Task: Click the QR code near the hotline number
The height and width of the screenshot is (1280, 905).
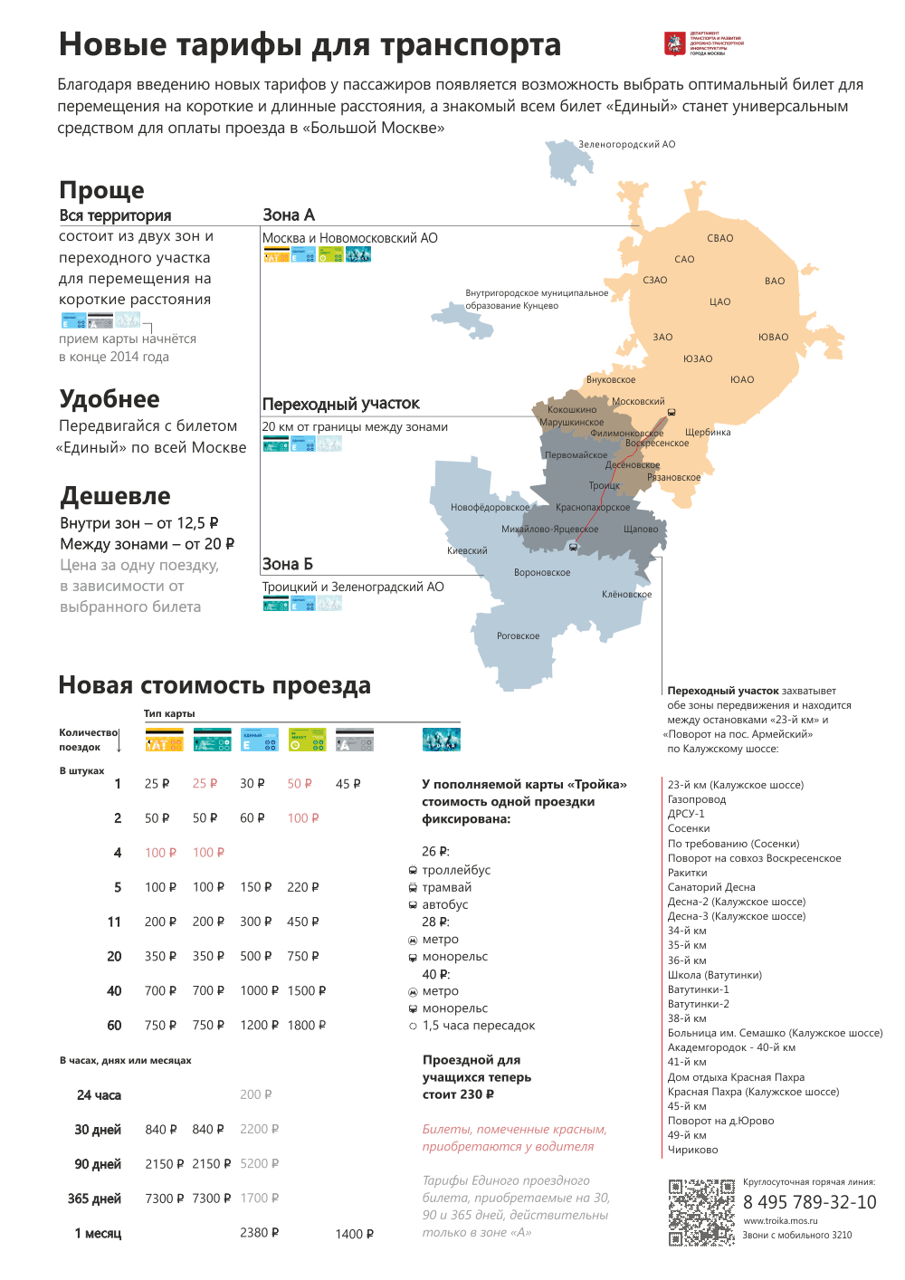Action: (701, 1212)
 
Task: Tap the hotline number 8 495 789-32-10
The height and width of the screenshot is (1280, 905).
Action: (809, 1202)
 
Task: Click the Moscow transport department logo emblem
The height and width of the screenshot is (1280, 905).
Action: (674, 43)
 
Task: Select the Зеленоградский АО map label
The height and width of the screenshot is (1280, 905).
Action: (627, 145)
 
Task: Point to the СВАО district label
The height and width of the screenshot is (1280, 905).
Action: (720, 239)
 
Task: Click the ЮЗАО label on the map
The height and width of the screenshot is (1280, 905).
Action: (698, 359)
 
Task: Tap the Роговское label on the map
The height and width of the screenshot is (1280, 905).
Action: (518, 636)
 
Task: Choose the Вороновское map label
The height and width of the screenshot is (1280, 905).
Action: (542, 573)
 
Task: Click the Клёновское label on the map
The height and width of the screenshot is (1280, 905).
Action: (626, 595)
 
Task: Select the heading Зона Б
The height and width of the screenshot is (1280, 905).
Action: (288, 564)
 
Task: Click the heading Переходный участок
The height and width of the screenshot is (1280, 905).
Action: (341, 404)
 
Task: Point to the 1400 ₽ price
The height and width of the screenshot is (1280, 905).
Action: (354, 1234)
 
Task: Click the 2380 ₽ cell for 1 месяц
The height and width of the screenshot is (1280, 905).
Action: (259, 1233)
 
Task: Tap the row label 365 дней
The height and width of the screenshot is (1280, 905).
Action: (94, 1199)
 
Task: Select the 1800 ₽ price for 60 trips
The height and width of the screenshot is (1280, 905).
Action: (307, 1026)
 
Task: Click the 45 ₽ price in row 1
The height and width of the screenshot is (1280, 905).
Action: (348, 784)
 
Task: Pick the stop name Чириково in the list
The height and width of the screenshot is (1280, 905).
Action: (692, 1150)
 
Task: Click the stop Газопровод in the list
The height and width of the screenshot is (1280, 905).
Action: (696, 799)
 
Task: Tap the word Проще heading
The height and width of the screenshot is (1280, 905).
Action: (101, 190)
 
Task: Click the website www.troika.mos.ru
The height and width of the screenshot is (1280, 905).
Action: (780, 1221)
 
